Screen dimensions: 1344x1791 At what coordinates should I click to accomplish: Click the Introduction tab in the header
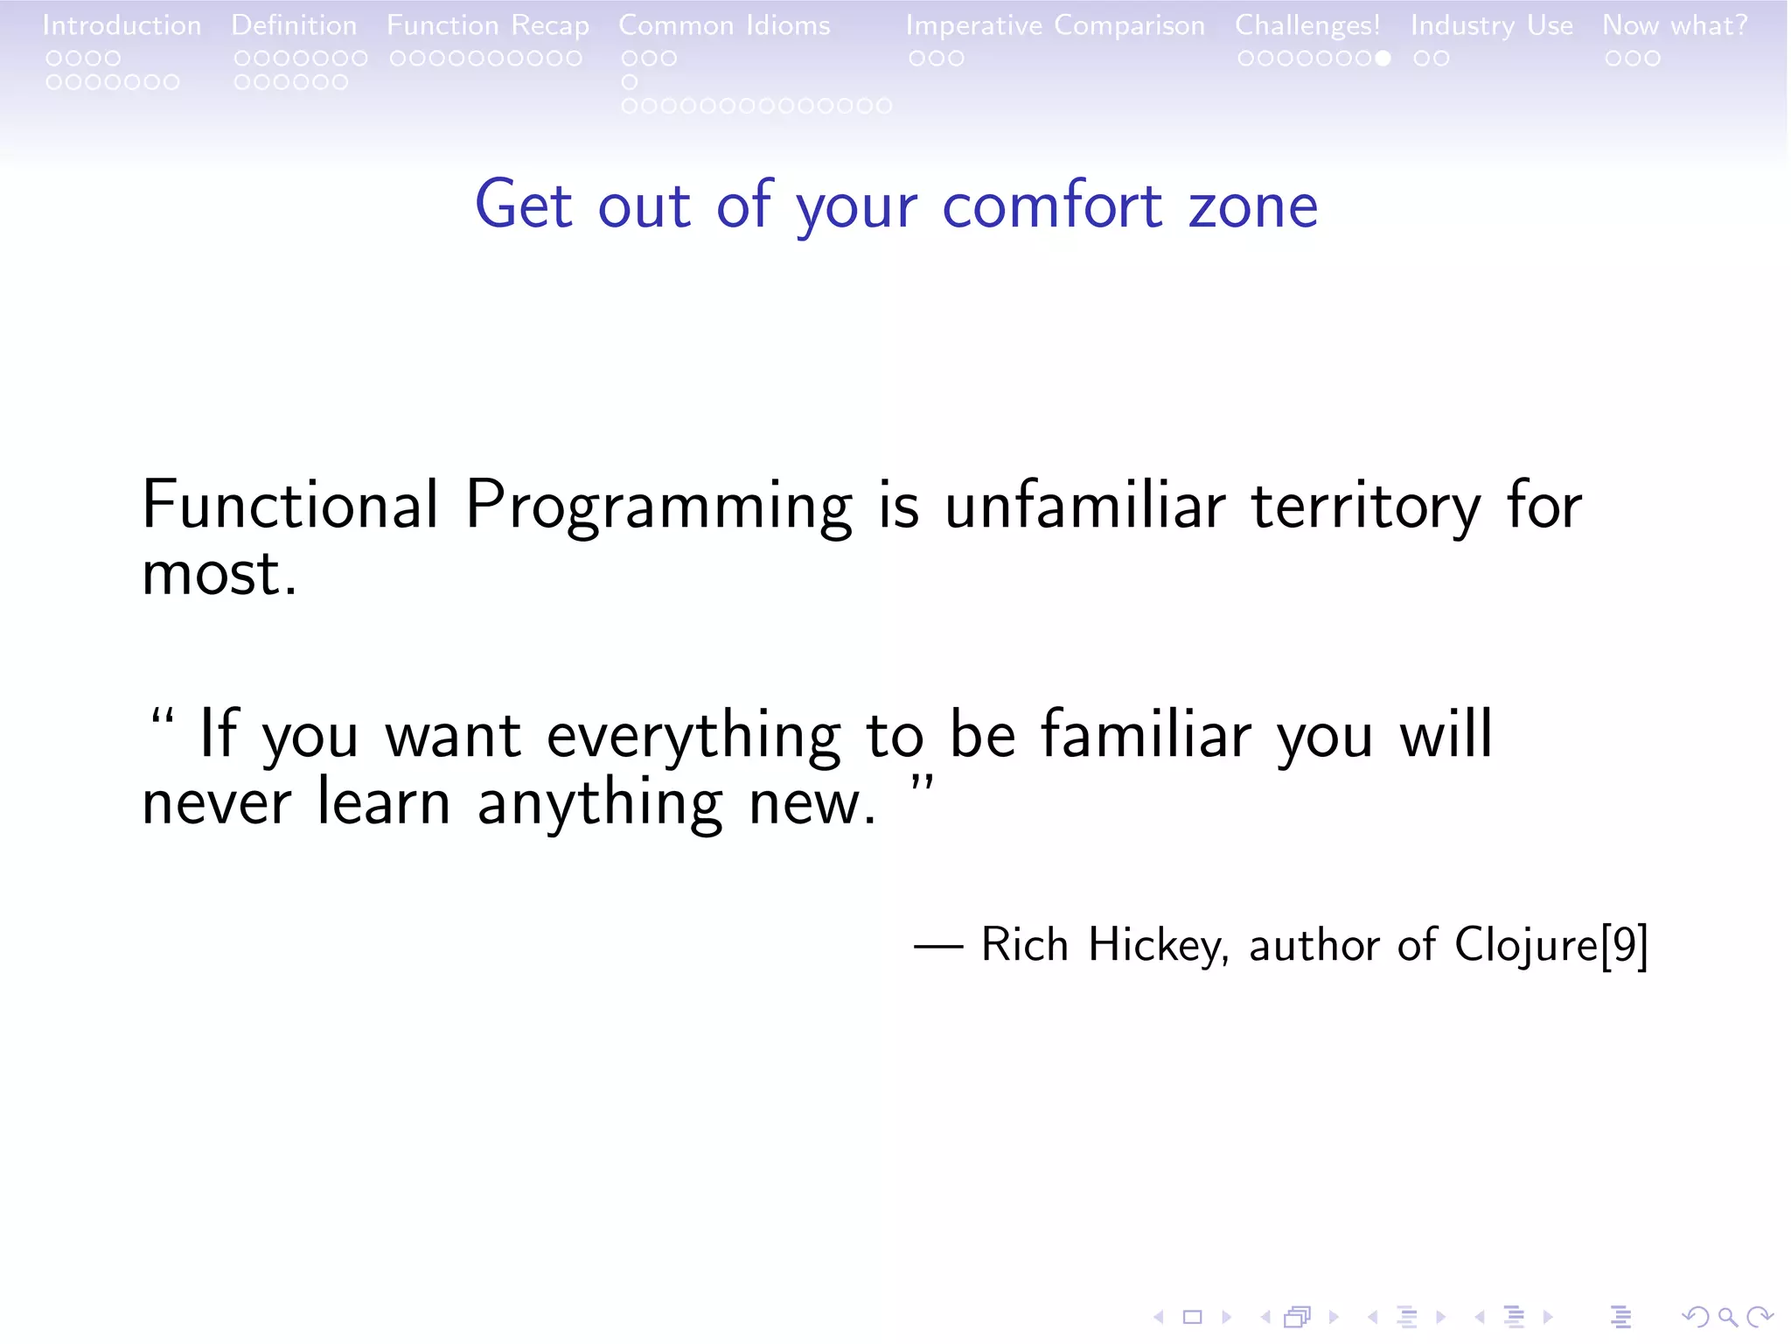coord(122,25)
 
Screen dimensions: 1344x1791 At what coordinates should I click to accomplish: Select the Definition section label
coord(294,25)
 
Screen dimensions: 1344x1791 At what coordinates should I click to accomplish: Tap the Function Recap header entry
coord(487,25)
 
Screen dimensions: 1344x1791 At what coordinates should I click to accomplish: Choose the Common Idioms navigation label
coord(724,25)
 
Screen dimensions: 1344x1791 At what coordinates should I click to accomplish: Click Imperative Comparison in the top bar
coord(1055,25)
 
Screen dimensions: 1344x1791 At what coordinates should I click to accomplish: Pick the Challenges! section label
coord(1307,25)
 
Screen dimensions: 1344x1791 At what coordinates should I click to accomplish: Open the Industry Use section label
coord(1491,25)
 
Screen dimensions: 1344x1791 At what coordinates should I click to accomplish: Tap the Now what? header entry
coord(1674,25)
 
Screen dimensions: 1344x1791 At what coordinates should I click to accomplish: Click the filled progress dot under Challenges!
coord(1382,59)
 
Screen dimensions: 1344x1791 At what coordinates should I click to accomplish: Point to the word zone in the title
coord(1252,207)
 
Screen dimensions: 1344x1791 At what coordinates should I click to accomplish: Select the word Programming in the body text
coord(658,507)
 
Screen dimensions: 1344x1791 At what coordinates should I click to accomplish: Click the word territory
coord(1365,507)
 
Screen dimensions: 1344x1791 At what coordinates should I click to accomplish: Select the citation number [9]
coord(1625,946)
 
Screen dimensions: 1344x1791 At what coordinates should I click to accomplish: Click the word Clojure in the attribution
coord(1526,946)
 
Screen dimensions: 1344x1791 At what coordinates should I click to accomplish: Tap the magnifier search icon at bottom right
coord(1727,1316)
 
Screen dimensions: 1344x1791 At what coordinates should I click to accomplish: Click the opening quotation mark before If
coord(163,719)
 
